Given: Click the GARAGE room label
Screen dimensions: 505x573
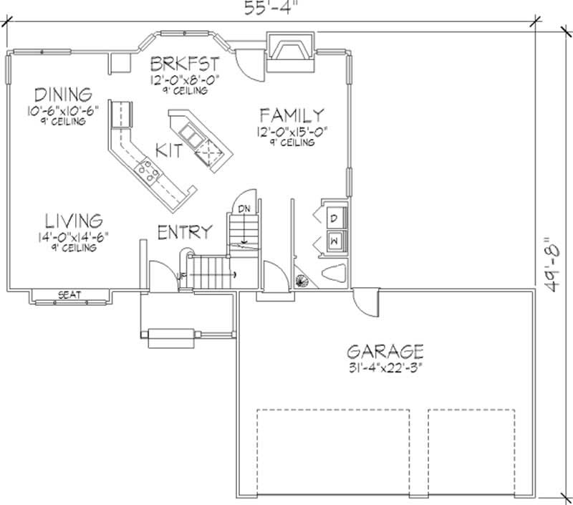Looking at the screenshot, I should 385,351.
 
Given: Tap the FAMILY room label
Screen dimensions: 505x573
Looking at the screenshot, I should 292,115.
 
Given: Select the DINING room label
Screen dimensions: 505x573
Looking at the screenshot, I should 63,95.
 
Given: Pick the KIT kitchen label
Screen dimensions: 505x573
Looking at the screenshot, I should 169,150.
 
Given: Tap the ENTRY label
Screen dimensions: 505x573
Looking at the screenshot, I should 185,232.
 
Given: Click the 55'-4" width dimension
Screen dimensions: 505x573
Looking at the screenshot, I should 270,9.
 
